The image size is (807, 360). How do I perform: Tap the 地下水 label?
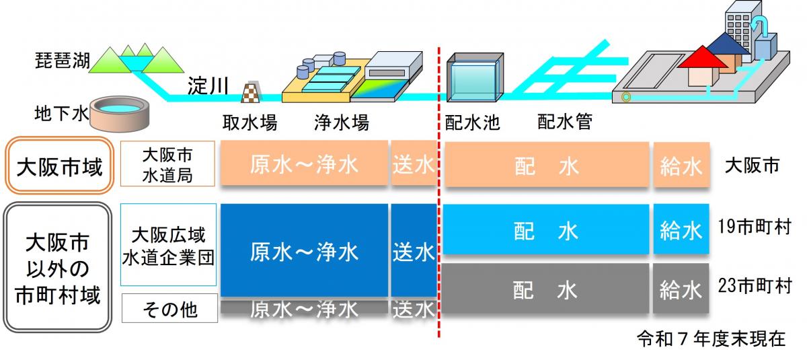[61, 114]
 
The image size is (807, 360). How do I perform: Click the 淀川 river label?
[208, 86]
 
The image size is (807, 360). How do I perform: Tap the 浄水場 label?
[342, 123]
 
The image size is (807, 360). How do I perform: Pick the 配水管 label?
[564, 123]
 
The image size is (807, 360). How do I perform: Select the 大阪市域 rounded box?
[59, 166]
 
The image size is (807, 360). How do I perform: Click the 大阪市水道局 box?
[167, 164]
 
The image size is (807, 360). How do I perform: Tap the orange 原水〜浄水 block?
[304, 164]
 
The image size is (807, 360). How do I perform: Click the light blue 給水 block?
[681, 230]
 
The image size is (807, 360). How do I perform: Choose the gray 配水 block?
[545, 289]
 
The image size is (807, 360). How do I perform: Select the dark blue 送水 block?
[414, 250]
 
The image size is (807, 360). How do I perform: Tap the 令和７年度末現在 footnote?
[711, 338]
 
